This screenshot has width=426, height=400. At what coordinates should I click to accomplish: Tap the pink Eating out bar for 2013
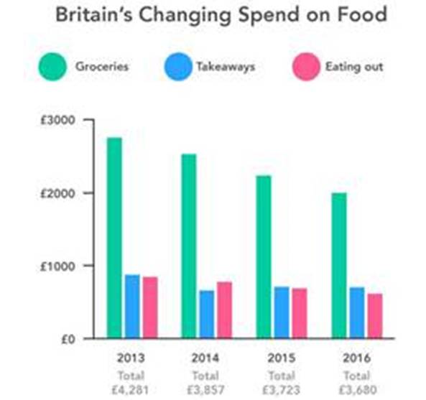pyautogui.click(x=149, y=307)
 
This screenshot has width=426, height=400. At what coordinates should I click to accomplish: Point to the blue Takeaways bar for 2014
pyautogui.click(x=207, y=315)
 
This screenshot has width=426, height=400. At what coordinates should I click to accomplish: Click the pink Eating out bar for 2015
pyautogui.click(x=299, y=313)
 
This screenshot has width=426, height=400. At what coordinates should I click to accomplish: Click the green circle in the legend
pyautogui.click(x=53, y=68)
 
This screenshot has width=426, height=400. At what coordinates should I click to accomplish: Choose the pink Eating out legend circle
pyautogui.click(x=304, y=68)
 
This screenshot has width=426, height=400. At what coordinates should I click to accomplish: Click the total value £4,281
pyautogui.click(x=131, y=390)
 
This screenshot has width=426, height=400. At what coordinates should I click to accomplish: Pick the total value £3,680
pyautogui.click(x=356, y=390)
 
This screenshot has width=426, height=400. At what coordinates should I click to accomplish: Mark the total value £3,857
pyautogui.click(x=207, y=390)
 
